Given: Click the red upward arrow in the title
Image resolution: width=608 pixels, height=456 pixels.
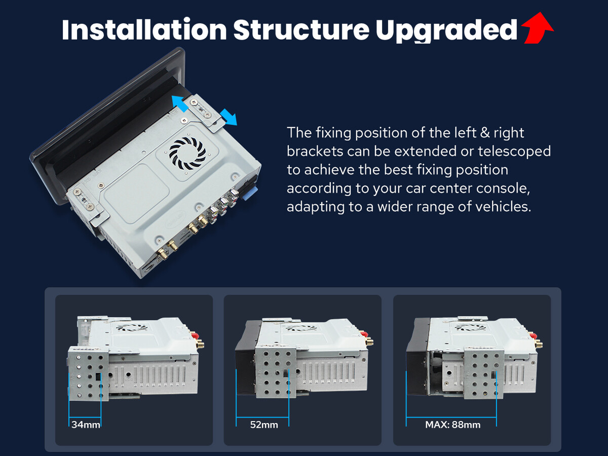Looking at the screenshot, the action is [x=538, y=28].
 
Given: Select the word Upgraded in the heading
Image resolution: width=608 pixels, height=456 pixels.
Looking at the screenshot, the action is [x=446, y=31].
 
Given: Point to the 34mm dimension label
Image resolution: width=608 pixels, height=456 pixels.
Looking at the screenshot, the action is [x=86, y=425].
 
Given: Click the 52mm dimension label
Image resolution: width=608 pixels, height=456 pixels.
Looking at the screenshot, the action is [x=264, y=425].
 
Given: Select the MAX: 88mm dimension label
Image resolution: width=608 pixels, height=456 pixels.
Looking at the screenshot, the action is [x=453, y=425].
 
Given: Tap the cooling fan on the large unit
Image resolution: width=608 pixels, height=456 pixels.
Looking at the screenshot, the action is [x=187, y=154].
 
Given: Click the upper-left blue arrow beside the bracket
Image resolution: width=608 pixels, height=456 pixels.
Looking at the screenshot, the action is [x=180, y=103].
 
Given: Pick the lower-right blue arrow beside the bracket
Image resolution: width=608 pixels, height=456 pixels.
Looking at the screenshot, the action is [x=229, y=117].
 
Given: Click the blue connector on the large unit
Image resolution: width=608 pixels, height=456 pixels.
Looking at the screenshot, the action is [x=251, y=193].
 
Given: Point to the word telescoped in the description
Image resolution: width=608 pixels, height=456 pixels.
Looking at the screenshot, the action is [x=514, y=151].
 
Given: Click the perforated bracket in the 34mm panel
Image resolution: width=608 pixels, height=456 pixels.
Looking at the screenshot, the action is [x=88, y=373].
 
